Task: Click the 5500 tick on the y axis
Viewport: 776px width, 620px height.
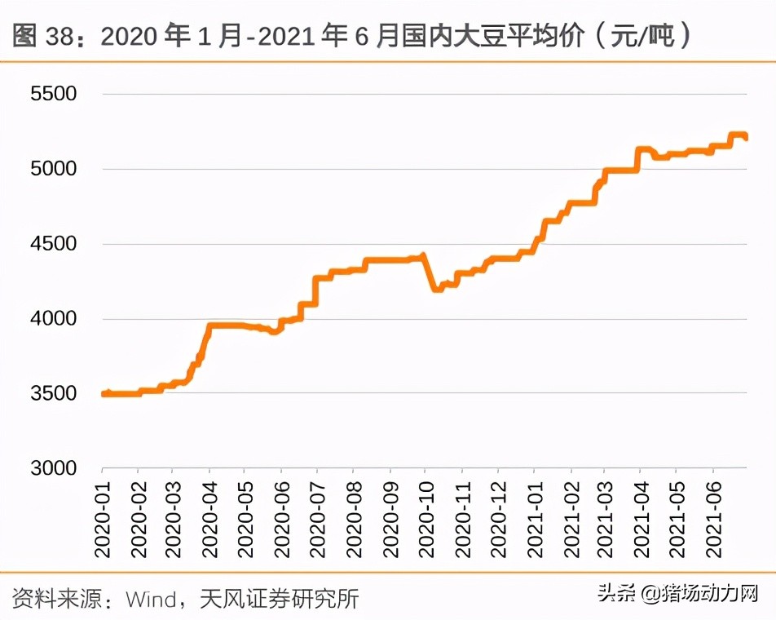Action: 54,94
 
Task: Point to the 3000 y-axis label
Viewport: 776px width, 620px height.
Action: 54,468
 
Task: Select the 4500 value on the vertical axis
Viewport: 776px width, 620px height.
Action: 54,244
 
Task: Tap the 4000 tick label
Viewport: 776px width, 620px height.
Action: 54,319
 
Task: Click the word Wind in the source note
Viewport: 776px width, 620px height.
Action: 151,599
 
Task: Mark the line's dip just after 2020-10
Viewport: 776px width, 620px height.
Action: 439,288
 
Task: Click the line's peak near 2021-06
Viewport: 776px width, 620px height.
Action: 738,135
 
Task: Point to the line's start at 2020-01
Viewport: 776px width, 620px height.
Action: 104,394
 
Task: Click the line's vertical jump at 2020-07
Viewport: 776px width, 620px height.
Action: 315,290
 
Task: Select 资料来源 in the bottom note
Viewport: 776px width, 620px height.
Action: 52,599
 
